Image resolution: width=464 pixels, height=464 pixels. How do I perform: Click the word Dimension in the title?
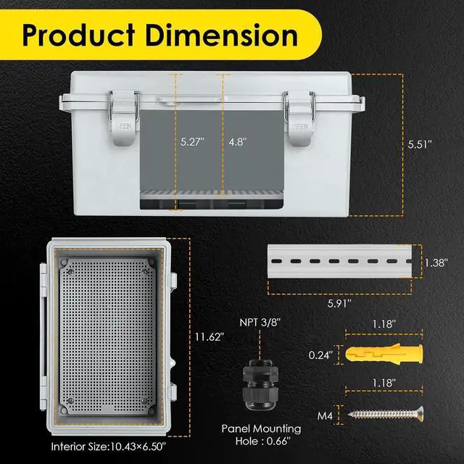[x=221, y=36]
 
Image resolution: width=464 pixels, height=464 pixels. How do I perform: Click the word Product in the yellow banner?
[x=79, y=36]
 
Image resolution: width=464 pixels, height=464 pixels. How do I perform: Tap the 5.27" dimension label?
[x=193, y=142]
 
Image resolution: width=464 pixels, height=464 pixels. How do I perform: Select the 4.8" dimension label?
[x=238, y=142]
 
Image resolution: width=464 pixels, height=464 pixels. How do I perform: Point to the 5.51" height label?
[x=420, y=144]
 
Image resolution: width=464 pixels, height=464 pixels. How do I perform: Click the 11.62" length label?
[x=210, y=336]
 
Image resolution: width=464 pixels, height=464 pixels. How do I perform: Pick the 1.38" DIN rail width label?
[x=436, y=262]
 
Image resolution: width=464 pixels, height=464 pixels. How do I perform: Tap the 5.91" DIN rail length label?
[x=339, y=303]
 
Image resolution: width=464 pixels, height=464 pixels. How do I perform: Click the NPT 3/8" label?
[x=260, y=322]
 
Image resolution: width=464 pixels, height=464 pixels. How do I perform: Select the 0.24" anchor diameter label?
[x=320, y=355]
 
